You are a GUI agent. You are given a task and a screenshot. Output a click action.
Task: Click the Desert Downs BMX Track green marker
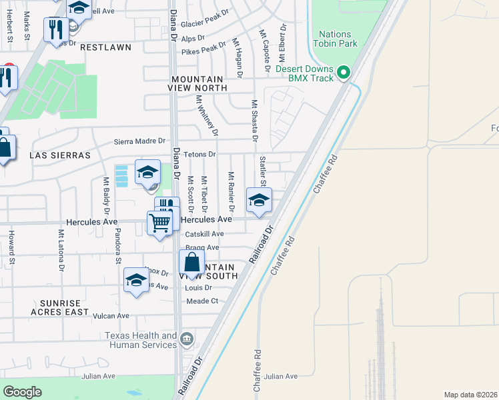click(x=344, y=72)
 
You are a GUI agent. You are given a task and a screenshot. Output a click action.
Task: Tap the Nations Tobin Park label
click(x=338, y=39)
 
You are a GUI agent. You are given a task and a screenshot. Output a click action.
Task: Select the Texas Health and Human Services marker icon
click(x=187, y=338)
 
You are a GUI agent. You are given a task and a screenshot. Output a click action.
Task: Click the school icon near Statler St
click(x=259, y=200)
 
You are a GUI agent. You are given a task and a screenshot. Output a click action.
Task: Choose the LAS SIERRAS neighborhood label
click(x=59, y=155)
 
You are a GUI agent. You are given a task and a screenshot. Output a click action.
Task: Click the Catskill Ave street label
click(x=205, y=234)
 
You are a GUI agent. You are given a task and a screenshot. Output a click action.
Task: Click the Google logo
click(x=23, y=391)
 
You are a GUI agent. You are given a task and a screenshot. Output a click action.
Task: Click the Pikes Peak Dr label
click(x=204, y=49)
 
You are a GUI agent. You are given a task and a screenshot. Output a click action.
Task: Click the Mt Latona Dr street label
click(x=61, y=250)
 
